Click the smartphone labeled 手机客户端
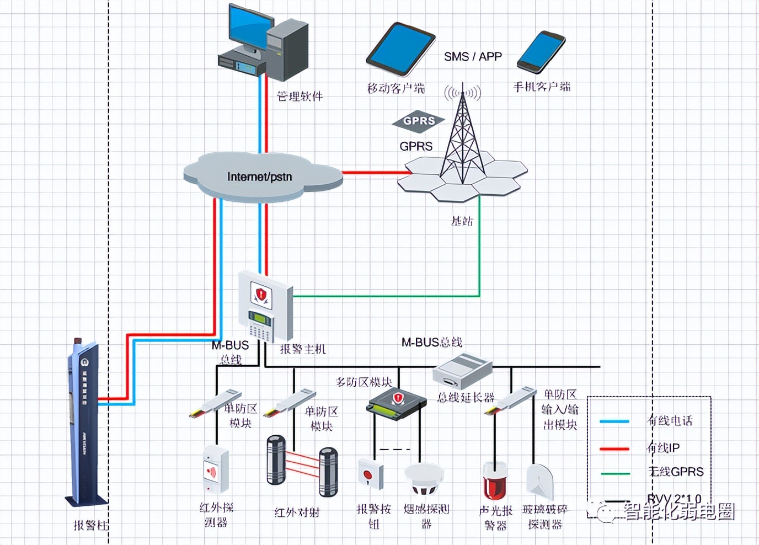[541, 51]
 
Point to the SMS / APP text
[473, 56]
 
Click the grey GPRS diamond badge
[418, 121]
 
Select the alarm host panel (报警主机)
[265, 306]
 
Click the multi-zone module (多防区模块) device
[397, 402]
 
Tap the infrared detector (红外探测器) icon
[215, 469]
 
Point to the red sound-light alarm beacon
[493, 481]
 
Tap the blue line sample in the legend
[614, 421]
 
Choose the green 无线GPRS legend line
[614, 473]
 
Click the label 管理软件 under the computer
[300, 97]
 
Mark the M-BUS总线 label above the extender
[431, 343]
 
